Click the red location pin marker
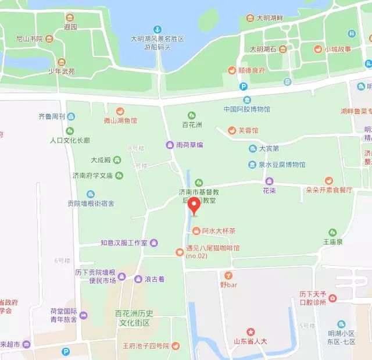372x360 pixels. coord(193,206)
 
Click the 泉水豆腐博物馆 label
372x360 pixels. coord(282,165)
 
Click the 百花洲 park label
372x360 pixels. coord(192,124)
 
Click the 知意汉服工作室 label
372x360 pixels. coord(124,242)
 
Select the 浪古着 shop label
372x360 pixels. coord(155,279)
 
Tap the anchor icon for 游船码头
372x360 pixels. coord(157,29)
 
